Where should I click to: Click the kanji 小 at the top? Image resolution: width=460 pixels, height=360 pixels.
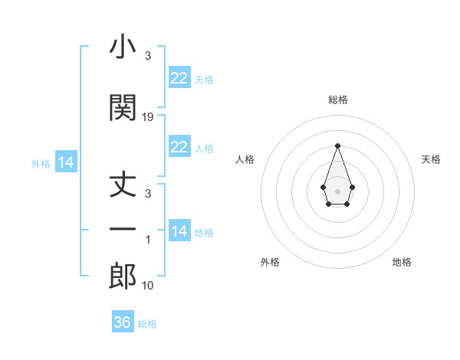click(123, 47)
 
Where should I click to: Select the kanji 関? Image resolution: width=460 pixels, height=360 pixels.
click(123, 107)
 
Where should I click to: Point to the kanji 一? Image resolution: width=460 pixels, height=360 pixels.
click(123, 229)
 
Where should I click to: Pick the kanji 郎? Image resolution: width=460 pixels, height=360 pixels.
click(123, 277)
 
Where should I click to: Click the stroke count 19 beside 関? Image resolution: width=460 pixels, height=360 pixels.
click(148, 117)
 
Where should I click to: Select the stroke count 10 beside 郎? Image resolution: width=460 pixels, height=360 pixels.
click(148, 286)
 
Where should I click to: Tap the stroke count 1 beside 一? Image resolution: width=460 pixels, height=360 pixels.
click(148, 240)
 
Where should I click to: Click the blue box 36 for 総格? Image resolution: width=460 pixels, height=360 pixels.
click(123, 322)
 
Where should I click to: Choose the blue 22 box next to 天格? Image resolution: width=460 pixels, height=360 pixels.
click(179, 78)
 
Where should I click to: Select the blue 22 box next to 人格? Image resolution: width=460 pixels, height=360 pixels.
click(179, 147)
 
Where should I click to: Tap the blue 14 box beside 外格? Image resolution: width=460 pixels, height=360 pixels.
click(66, 162)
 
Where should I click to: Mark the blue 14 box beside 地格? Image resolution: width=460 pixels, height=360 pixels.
click(179, 231)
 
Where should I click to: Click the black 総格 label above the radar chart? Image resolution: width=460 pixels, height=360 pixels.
click(337, 100)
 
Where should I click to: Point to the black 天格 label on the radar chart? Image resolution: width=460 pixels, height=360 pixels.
click(431, 159)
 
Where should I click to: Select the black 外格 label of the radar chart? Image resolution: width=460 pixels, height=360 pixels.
click(270, 262)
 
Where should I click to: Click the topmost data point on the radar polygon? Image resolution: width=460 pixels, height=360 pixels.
click(337, 146)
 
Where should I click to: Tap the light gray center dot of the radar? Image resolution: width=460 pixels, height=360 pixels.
click(337, 191)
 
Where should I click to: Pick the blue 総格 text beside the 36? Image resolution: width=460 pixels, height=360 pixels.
click(147, 324)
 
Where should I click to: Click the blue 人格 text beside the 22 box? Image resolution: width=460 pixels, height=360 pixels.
click(204, 149)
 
